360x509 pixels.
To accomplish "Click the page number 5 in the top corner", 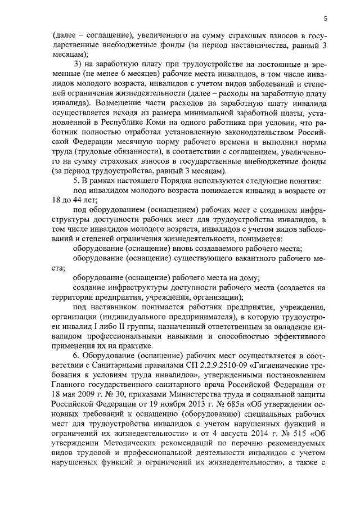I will click(x=326, y=20).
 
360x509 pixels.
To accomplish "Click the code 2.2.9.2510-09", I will click(x=215, y=367).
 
